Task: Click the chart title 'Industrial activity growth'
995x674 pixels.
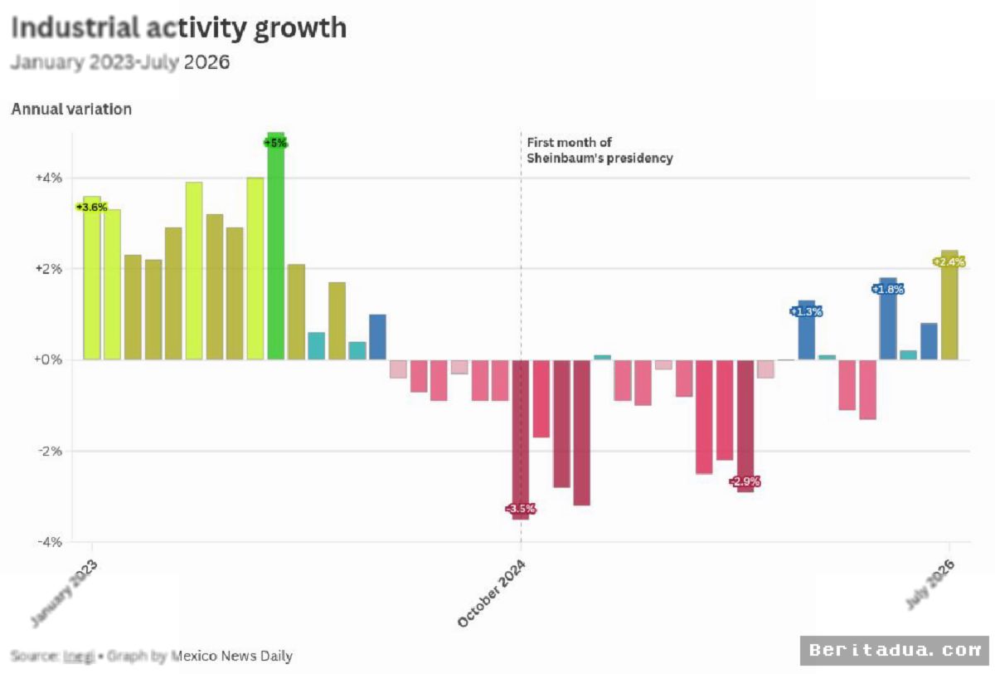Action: tap(178, 28)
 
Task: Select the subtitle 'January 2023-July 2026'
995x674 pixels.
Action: tap(120, 62)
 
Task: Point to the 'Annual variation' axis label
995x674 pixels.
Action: tap(71, 109)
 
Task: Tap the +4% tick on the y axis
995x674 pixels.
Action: tap(49, 178)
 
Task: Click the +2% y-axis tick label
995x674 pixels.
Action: tap(49, 269)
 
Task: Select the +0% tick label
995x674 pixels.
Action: tap(48, 359)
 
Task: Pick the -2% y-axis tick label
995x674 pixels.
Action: tap(50, 452)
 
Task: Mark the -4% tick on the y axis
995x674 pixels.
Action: tap(50, 542)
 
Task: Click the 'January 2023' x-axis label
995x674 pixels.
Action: tap(65, 593)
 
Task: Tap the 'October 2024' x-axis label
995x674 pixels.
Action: tap(492, 593)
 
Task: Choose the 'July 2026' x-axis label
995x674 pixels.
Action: tap(930, 584)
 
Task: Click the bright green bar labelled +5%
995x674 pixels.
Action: tap(275, 246)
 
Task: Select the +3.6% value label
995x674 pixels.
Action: tap(91, 208)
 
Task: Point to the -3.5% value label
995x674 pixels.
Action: tap(521, 509)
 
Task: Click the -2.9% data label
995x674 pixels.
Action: tap(745, 481)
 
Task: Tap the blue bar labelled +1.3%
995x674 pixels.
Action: tap(807, 330)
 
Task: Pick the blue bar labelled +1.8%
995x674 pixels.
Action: tap(888, 319)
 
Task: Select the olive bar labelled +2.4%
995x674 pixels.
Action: tap(949, 305)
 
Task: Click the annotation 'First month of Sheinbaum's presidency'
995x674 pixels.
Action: tap(599, 150)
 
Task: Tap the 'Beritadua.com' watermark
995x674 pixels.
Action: tap(895, 651)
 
